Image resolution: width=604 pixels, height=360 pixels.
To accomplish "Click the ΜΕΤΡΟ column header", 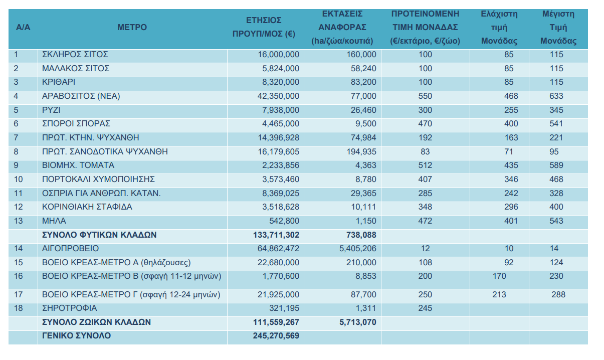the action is coord(132,27).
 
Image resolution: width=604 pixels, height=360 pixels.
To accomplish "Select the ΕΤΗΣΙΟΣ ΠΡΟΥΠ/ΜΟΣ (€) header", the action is coord(264,27).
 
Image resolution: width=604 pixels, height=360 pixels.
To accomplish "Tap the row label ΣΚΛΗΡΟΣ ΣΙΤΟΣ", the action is coord(75,55).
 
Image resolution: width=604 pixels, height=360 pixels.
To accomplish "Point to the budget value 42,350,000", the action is coord(278,96).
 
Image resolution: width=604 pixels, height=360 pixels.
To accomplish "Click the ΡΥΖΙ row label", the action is coord(51,110).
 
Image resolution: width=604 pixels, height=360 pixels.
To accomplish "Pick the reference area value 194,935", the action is coord(361,151).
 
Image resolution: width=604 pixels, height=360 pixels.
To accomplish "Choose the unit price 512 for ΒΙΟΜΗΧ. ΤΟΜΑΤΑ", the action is coord(425,165).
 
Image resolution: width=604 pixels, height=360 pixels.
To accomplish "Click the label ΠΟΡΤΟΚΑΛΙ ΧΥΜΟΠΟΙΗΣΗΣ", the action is coord(98,179).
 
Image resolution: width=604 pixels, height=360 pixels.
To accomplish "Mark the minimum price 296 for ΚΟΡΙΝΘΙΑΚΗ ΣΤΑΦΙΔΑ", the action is coord(511,207).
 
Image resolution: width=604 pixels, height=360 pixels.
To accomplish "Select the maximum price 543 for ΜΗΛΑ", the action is coord(556,221).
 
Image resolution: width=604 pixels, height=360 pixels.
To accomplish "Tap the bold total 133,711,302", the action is coord(276,235).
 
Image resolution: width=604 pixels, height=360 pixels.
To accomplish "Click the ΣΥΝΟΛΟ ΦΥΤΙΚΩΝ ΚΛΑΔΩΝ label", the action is coord(99,235).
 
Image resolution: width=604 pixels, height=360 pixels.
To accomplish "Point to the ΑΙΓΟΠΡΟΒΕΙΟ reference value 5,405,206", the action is coord(357,248).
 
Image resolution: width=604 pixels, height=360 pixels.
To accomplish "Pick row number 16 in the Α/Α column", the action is coord(19,276).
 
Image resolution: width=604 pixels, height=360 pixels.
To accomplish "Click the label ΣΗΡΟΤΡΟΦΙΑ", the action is coord(69,308).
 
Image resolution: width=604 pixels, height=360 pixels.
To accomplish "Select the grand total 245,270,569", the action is coord(276,336).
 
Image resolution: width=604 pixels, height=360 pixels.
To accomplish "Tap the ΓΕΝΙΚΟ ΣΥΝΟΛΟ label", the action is coord(76,336).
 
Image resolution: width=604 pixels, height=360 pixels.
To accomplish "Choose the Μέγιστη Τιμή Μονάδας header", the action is coord(558,27).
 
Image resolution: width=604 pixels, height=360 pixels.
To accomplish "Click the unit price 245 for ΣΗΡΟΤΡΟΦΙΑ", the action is coord(425,308).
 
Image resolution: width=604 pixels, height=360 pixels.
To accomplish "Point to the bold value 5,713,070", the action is coord(357,322).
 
